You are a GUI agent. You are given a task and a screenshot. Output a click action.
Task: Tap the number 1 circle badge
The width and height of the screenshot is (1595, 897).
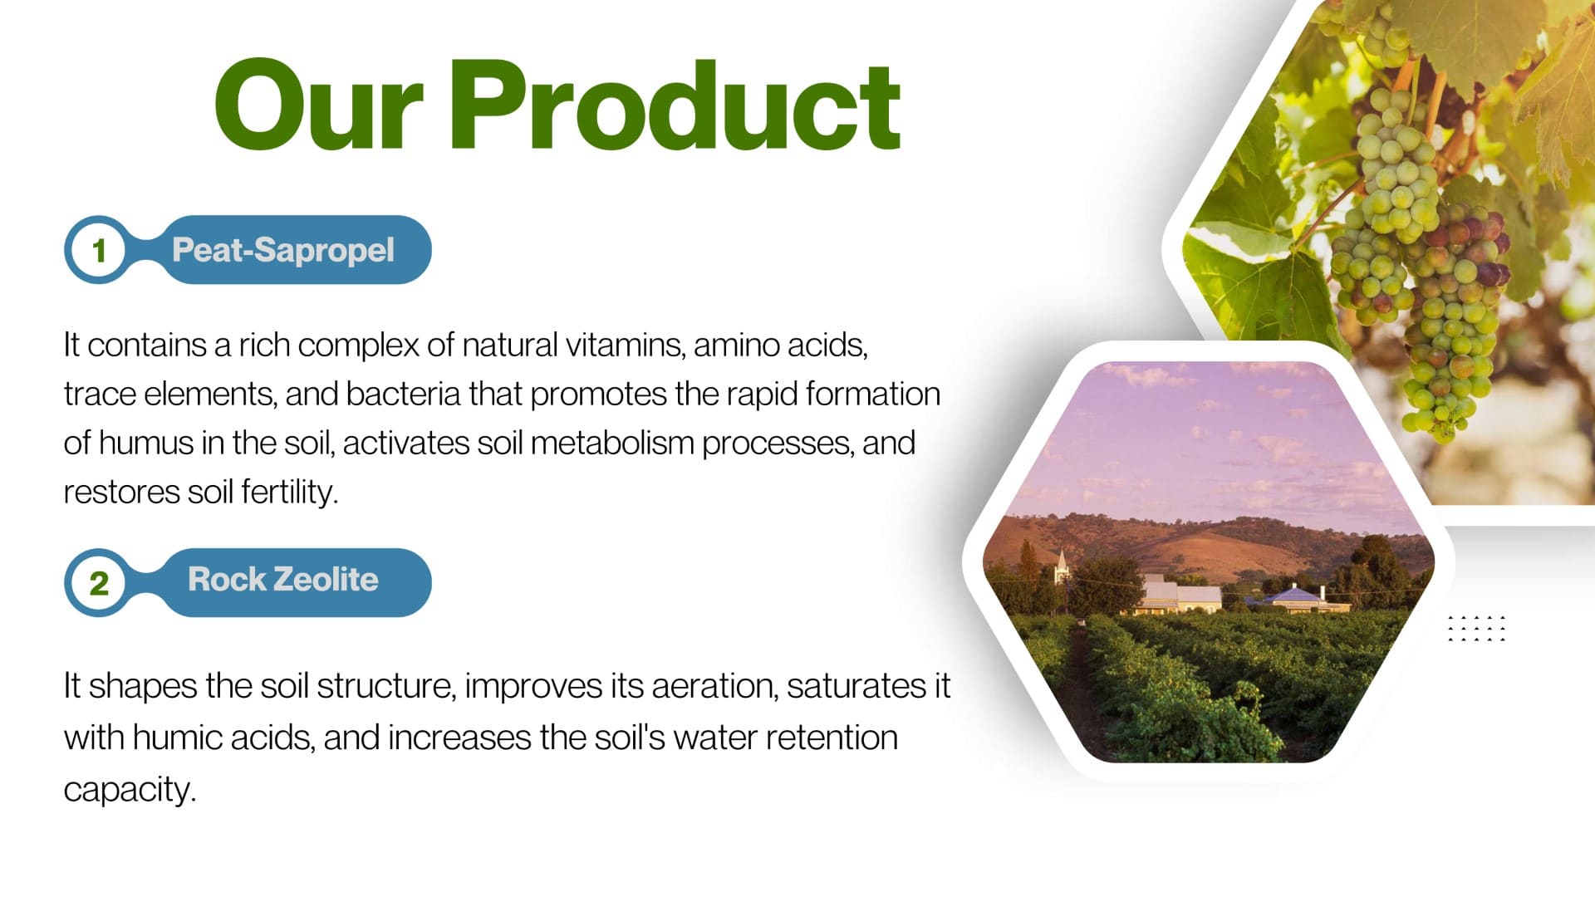click(x=98, y=250)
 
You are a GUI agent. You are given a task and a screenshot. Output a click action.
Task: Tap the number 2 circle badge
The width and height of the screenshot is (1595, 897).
click(x=98, y=582)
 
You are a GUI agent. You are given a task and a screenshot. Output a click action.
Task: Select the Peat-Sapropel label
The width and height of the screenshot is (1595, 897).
click(x=283, y=250)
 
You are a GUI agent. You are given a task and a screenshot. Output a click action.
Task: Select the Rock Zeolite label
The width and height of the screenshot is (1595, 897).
click(x=283, y=579)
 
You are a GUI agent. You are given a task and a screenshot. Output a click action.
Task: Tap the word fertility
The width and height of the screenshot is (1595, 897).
click(x=289, y=492)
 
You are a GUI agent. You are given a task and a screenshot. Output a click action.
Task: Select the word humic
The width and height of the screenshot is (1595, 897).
click(x=177, y=738)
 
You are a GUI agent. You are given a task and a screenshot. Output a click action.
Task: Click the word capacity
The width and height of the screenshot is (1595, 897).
click(x=130, y=789)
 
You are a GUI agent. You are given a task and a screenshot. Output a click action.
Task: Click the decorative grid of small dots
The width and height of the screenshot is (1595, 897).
click(x=1476, y=629)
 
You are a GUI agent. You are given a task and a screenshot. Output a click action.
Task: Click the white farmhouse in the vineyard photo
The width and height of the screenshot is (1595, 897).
click(x=1180, y=595)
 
